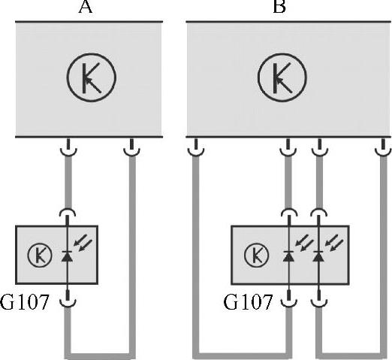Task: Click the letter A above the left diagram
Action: click(86, 7)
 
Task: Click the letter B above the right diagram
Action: click(279, 7)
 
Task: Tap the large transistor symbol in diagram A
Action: click(92, 77)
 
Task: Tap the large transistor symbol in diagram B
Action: click(282, 77)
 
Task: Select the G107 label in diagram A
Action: click(24, 302)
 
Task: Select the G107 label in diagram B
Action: click(248, 302)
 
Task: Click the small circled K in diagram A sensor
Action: click(40, 256)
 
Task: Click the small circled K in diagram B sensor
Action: click(256, 256)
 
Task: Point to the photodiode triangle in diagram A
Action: click(67, 256)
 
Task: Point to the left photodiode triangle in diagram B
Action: click(288, 256)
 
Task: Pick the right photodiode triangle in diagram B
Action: click(318, 256)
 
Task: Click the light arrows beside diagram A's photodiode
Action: click(83, 242)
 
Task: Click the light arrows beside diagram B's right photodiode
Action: click(334, 242)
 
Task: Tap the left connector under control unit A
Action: click(68, 148)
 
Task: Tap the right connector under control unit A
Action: click(131, 148)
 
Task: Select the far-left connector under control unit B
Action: click(196, 148)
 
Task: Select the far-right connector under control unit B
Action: click(383, 148)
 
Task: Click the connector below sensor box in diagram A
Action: click(68, 298)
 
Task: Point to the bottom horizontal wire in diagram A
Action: click(100, 356)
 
